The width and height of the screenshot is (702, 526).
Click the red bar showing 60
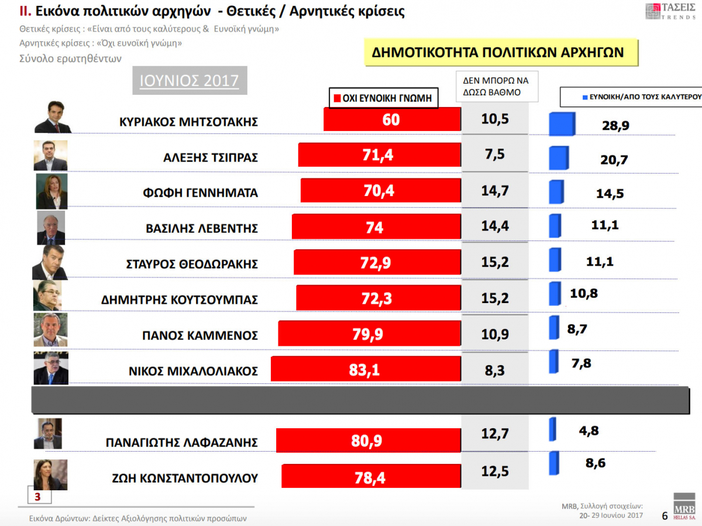coord(392,119)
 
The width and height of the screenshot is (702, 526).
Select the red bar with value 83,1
coord(366,370)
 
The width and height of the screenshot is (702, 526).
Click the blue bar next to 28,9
coord(562,125)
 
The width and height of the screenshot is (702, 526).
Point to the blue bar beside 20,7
coord(558,159)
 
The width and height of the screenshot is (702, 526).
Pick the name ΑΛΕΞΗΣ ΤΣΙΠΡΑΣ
coord(211,157)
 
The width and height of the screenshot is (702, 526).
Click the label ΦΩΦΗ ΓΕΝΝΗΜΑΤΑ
coord(201,193)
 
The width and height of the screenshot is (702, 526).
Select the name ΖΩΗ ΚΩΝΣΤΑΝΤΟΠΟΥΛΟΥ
coord(185,478)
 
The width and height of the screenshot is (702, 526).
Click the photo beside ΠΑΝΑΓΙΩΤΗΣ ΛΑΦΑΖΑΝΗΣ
coord(48,434)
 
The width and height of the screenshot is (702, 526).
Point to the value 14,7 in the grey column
coord(495,190)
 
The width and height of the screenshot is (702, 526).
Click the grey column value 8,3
coord(495,369)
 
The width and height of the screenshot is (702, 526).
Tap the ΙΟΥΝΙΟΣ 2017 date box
coord(190,80)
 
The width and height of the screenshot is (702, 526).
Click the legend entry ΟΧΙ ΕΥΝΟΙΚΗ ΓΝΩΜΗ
coord(383,98)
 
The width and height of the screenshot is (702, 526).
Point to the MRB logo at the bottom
coord(684,506)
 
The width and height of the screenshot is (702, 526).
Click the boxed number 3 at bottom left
coord(38,497)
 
